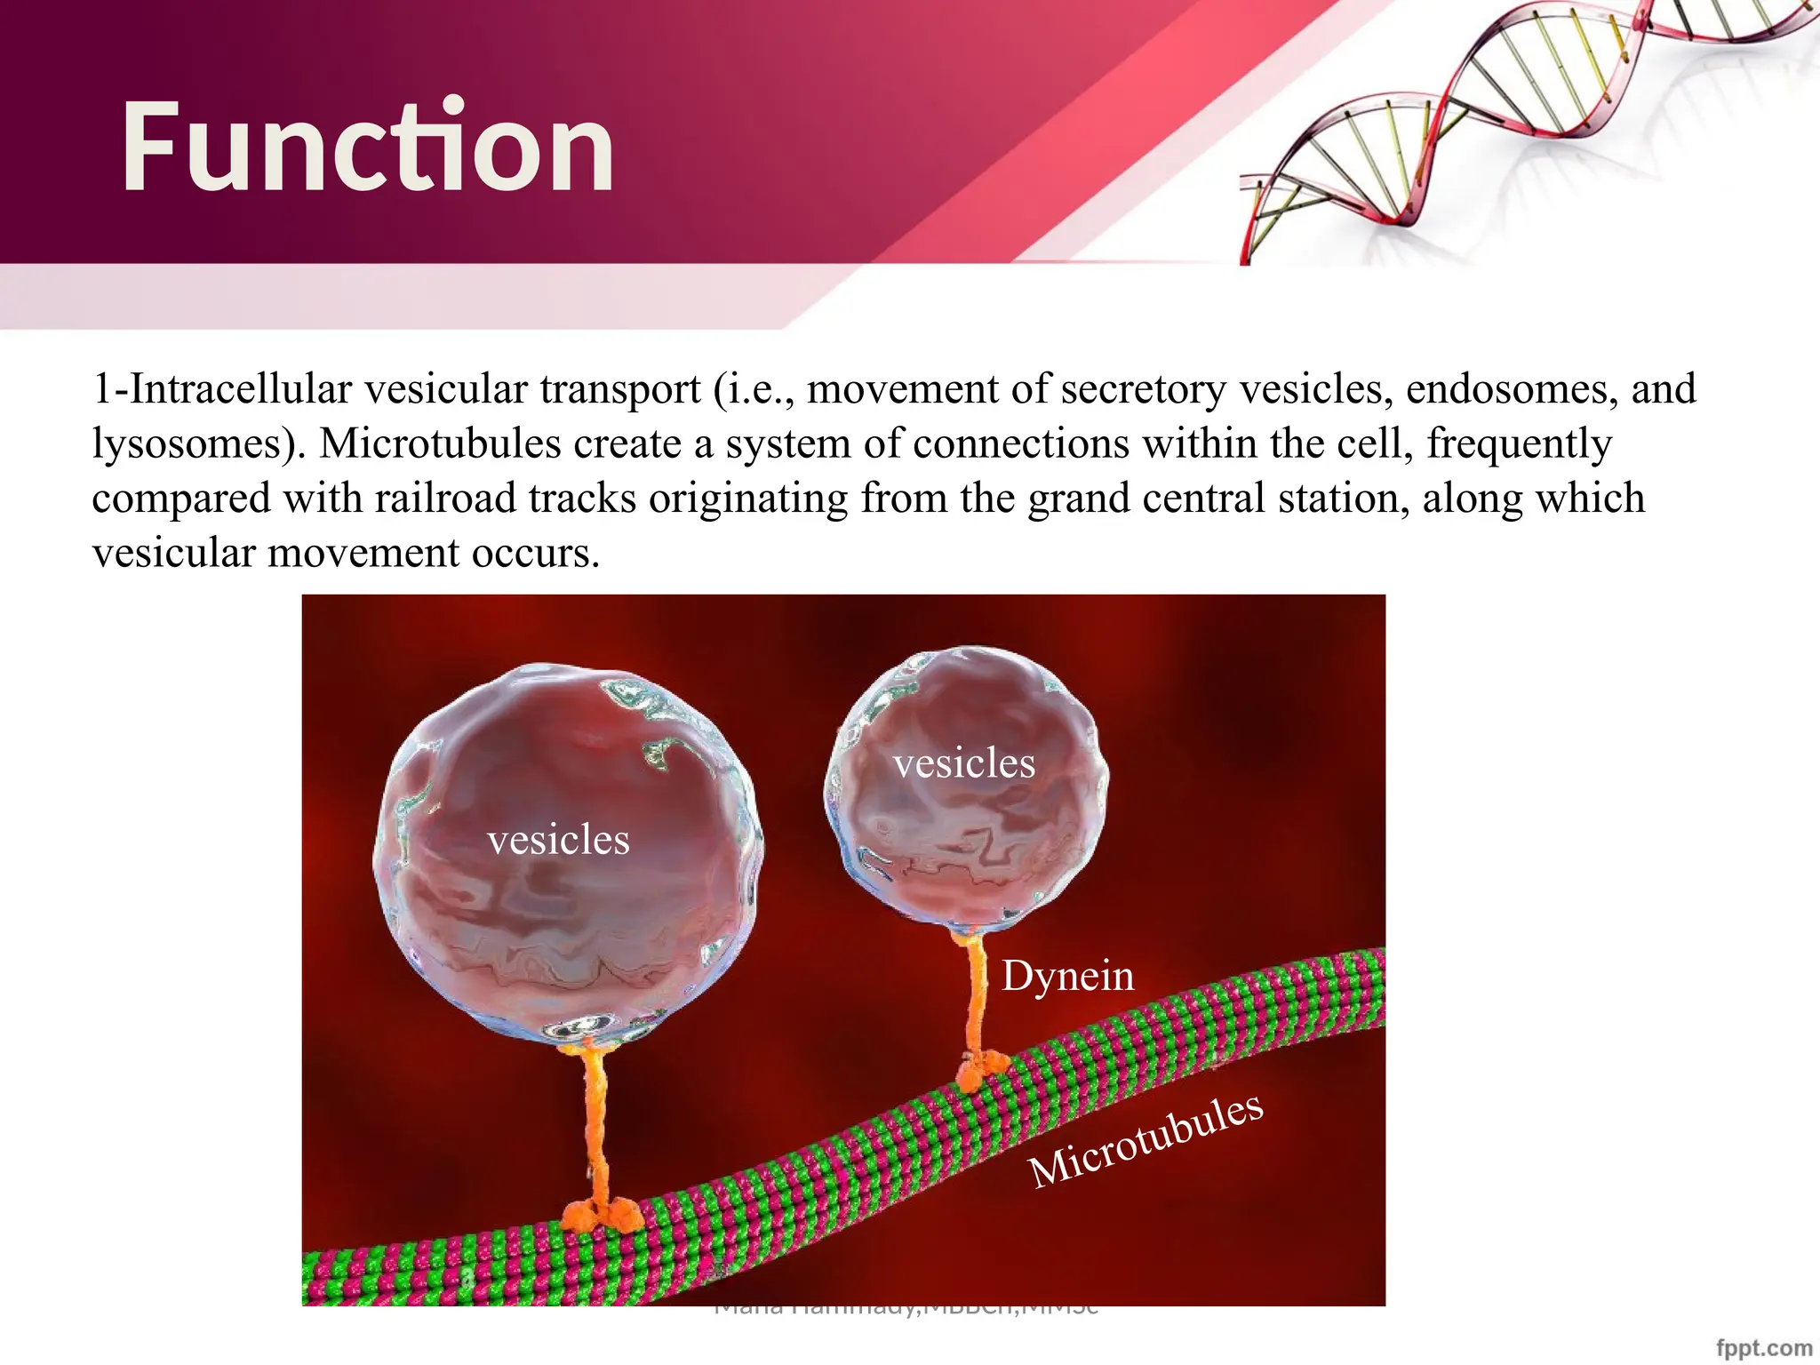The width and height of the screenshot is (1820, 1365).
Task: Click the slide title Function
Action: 367,147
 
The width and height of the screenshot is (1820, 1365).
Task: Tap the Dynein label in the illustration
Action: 1067,977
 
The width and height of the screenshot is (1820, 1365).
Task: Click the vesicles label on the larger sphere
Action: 558,840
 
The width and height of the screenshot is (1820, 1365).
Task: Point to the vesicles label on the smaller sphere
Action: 964,763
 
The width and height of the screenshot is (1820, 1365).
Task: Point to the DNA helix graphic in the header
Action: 1511,116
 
